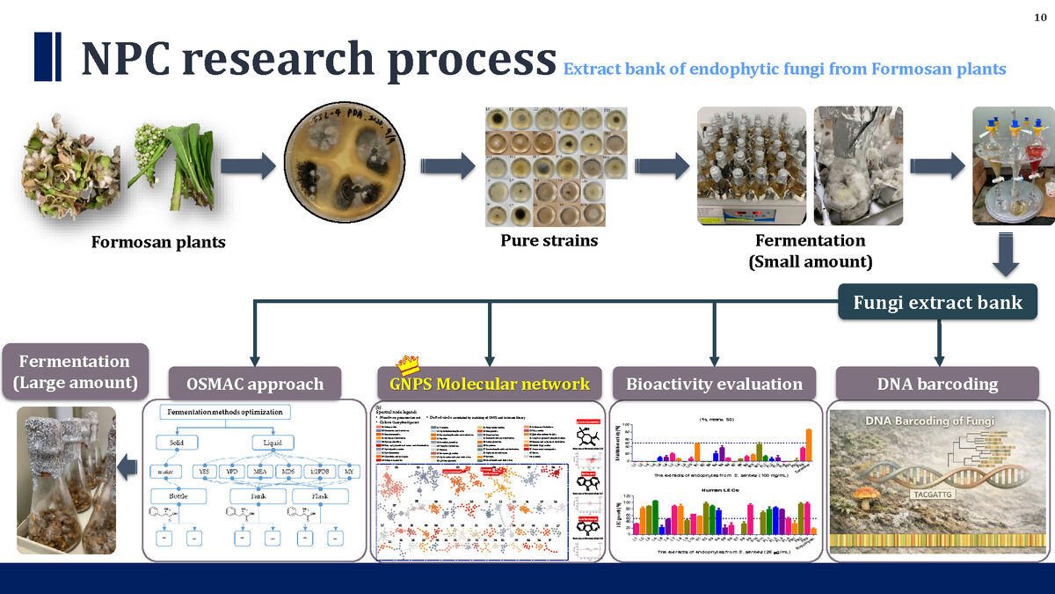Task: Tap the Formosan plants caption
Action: tap(158, 241)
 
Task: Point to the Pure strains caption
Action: tap(549, 239)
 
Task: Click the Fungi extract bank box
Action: tap(937, 303)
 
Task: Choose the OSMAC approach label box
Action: tap(255, 384)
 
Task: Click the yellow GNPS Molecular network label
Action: tap(490, 384)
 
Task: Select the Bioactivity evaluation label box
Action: tap(714, 384)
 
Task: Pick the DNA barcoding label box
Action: tap(937, 384)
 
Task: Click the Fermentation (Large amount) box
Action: tap(75, 372)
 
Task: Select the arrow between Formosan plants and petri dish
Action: tap(250, 168)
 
